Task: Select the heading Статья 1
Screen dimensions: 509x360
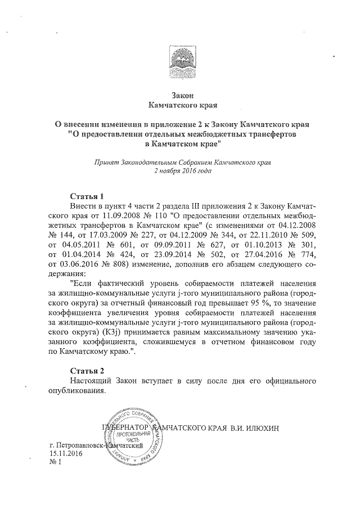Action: click(x=87, y=197)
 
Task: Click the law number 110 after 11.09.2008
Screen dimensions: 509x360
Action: click(x=162, y=215)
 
